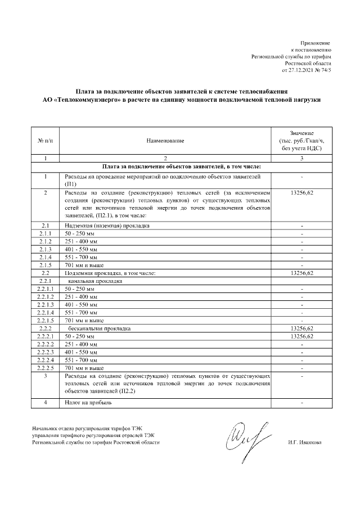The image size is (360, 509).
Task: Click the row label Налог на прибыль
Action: pyautogui.click(x=89, y=403)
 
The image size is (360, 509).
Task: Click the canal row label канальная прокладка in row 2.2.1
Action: pyautogui.click(x=94, y=281)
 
